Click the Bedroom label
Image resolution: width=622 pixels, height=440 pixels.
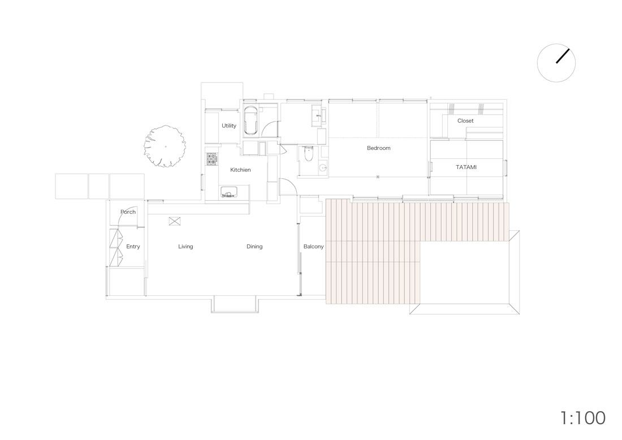pyautogui.click(x=378, y=148)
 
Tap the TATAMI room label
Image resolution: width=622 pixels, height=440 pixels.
pyautogui.click(x=466, y=167)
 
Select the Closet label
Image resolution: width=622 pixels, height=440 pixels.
pyautogui.click(x=465, y=120)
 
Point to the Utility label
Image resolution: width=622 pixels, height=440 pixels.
pyautogui.click(x=229, y=126)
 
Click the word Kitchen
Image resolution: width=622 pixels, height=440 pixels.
pyautogui.click(x=240, y=170)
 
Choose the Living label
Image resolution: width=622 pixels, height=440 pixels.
pyautogui.click(x=185, y=247)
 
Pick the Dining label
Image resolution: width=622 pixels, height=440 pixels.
pyautogui.click(x=254, y=247)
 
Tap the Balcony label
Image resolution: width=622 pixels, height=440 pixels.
pyautogui.click(x=313, y=247)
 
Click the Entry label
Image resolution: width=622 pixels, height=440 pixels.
pyautogui.click(x=133, y=247)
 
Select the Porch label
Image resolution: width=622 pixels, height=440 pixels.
pyautogui.click(x=128, y=212)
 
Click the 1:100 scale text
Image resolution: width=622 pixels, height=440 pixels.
pyautogui.click(x=583, y=418)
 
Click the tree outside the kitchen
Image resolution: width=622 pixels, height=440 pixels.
pyautogui.click(x=165, y=146)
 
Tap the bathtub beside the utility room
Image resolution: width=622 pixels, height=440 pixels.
pyautogui.click(x=250, y=120)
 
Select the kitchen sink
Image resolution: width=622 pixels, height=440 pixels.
pyautogui.click(x=228, y=192)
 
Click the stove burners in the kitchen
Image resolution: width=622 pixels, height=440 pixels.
pyautogui.click(x=212, y=159)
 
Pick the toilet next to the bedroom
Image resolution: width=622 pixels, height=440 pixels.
pyautogui.click(x=308, y=153)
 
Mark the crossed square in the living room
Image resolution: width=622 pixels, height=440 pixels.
pyautogui.click(x=175, y=221)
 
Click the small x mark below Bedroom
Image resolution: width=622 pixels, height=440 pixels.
pyautogui.click(x=378, y=176)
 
